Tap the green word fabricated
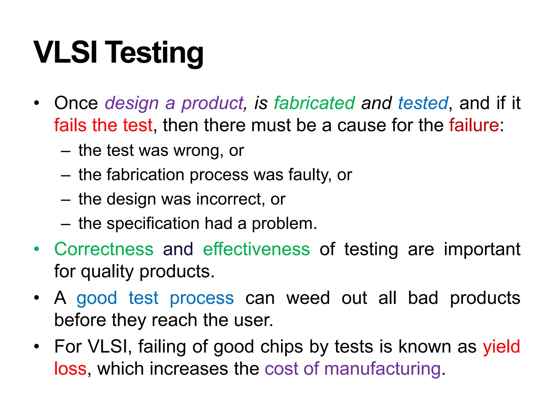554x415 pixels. point(314,103)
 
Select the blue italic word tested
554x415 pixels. point(423,103)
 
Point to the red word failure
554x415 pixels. point(474,125)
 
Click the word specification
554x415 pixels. point(153,224)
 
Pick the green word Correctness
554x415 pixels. point(104,249)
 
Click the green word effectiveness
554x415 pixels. point(256,249)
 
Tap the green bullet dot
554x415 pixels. point(37,249)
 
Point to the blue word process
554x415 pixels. point(202,298)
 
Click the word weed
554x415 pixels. point(308,298)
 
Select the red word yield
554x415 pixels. point(501,347)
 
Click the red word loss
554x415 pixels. point(70,369)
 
